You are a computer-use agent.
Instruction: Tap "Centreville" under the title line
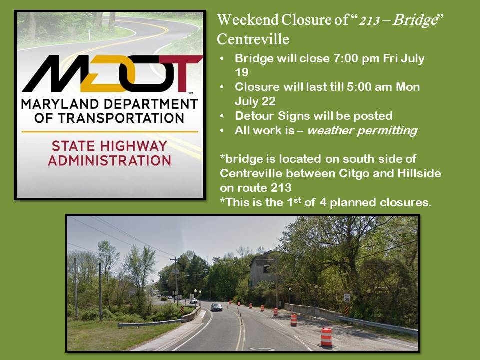(253, 39)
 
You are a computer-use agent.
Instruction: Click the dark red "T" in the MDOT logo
(183, 74)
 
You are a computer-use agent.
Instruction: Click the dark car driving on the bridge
(216, 307)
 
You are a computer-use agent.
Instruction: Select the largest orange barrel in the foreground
(326, 337)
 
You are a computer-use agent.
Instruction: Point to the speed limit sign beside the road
(347, 298)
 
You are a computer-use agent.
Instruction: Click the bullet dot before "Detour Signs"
(222, 116)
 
